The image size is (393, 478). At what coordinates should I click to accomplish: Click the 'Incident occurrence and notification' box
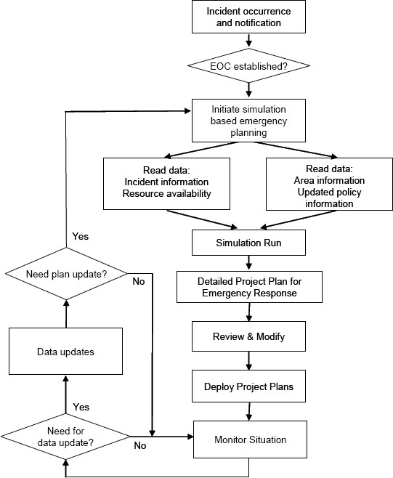point(248,17)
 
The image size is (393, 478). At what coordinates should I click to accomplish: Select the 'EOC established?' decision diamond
point(248,66)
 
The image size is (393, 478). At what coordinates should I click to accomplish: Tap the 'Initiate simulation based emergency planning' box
point(248,120)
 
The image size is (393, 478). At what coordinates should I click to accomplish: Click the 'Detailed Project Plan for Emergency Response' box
point(248,287)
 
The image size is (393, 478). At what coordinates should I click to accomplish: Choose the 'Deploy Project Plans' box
point(248,387)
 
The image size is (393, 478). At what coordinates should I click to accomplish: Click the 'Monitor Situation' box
point(250,439)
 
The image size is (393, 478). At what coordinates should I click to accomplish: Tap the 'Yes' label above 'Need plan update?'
point(81,237)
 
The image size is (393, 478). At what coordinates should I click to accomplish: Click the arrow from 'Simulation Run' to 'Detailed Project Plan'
point(248,262)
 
